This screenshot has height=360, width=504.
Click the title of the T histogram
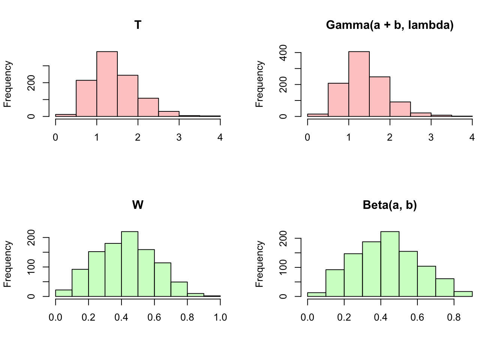[138, 25]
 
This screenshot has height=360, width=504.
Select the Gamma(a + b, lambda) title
[390, 25]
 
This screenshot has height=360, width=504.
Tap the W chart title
[138, 205]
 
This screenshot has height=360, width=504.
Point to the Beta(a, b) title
[390, 205]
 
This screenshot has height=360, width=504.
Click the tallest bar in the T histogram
[107, 84]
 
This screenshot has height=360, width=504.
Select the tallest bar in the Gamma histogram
[359, 84]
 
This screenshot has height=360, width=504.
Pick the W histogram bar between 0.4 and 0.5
[130, 264]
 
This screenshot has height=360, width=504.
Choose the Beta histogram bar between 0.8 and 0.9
[463, 294]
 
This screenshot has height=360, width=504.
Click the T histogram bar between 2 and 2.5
[148, 107]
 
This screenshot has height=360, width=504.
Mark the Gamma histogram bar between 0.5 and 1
[338, 100]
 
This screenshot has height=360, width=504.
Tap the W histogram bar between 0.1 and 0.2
[80, 283]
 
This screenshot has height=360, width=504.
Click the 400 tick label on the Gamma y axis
[284, 53]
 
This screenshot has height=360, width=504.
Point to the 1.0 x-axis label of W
[220, 318]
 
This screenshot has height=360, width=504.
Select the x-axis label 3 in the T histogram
[179, 138]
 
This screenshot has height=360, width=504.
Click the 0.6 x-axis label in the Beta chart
[417, 318]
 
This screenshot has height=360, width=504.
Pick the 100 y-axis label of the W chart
[32, 267]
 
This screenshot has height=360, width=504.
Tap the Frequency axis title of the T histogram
[8, 84]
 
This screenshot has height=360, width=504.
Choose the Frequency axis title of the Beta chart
[259, 264]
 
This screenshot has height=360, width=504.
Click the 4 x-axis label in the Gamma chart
[472, 138]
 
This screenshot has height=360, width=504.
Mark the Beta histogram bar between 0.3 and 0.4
[372, 269]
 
